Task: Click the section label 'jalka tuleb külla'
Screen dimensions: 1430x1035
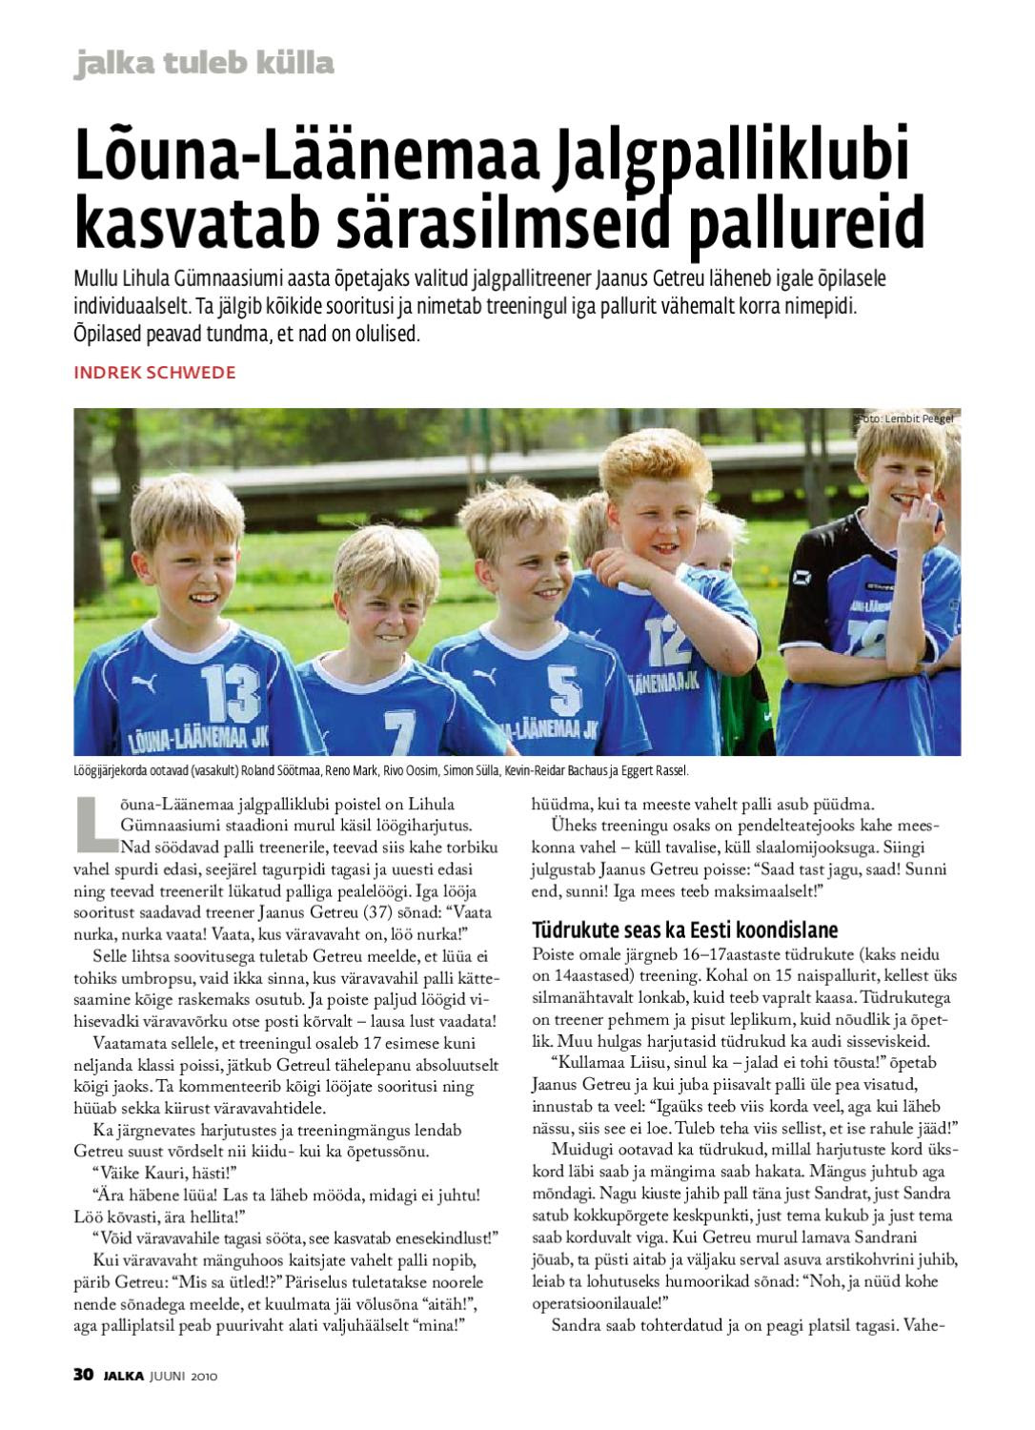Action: (x=204, y=64)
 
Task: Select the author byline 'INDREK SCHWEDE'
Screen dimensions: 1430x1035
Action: (x=154, y=372)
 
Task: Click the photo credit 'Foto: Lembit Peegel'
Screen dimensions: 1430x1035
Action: (x=903, y=419)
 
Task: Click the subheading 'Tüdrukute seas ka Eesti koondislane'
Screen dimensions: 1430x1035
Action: (x=684, y=929)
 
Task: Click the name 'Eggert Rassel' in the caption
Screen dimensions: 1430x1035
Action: (x=655, y=771)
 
